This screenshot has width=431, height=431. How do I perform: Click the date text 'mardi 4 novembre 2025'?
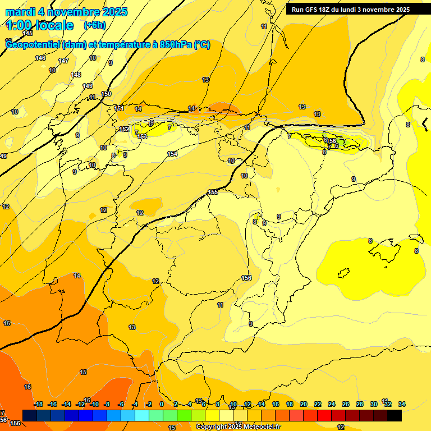[x=66, y=12]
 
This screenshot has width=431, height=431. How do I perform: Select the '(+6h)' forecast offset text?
[x=94, y=25]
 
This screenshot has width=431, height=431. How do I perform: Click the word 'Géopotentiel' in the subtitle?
[x=33, y=45]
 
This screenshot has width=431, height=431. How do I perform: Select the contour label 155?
[x=213, y=192]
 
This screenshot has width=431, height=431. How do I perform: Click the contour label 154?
[x=172, y=154]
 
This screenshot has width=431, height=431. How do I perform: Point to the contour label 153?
[x=142, y=136]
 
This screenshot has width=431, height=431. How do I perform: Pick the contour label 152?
[x=125, y=129]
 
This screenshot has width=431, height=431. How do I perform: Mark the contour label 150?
[x=106, y=94]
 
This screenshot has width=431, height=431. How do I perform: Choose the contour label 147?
[x=63, y=61]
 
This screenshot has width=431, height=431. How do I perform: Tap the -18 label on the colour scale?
[x=39, y=404]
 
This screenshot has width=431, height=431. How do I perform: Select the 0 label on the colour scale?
[x=162, y=404]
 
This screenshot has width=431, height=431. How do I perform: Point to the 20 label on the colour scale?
[x=304, y=404]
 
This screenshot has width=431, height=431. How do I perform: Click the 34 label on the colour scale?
[x=401, y=404]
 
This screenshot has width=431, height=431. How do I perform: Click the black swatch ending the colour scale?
[x=395, y=415]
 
